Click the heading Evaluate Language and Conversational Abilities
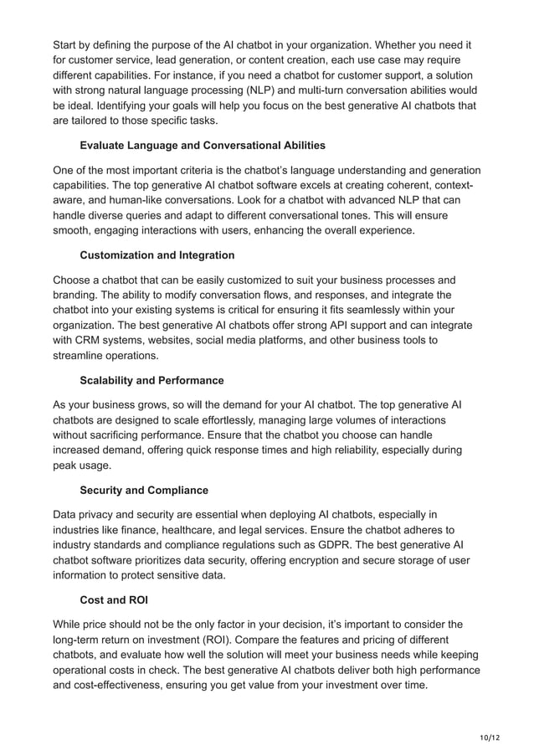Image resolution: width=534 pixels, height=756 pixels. point(203,146)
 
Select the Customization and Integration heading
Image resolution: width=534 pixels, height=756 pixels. point(157,255)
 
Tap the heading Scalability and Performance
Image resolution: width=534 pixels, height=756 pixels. point(151,380)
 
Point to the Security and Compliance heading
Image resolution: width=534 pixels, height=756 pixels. point(144,490)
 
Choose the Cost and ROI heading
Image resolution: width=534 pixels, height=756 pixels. point(113,599)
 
